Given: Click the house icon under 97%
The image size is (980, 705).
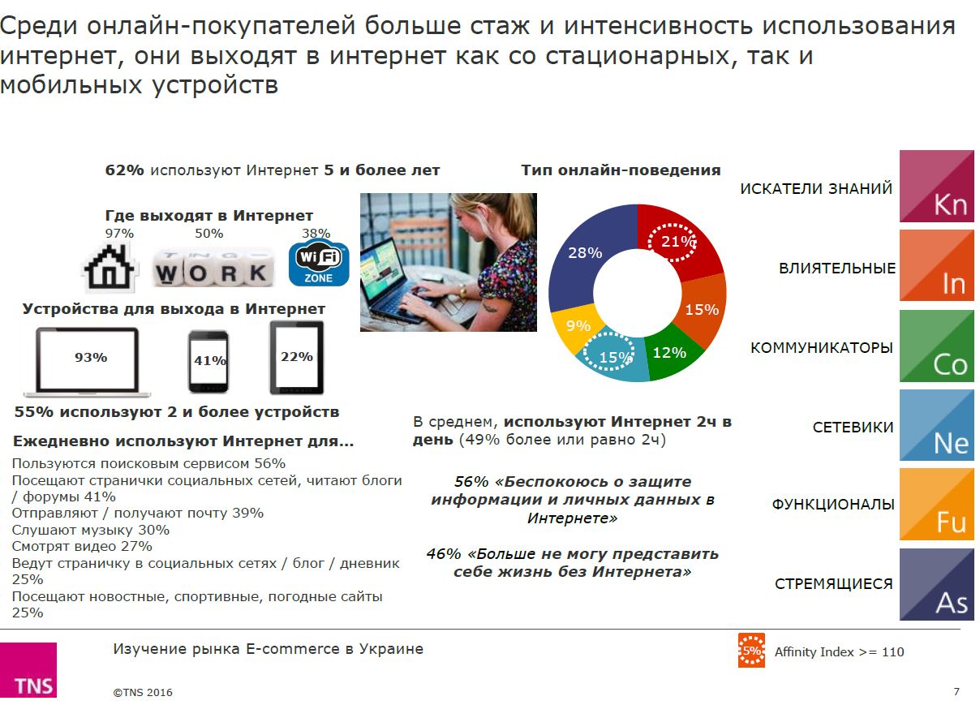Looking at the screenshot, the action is point(110,268).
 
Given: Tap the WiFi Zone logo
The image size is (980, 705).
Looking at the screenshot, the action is point(319,262).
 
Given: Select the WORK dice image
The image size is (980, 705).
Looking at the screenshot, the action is point(213,268).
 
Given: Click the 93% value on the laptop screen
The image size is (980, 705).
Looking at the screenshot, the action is point(91,358).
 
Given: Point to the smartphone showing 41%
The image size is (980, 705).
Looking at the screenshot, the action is point(208,362).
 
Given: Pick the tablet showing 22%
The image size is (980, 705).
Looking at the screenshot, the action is point(297,358).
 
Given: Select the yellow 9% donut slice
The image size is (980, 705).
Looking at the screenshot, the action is point(575,326).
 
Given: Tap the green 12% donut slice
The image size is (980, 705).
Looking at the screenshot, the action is point(670,353).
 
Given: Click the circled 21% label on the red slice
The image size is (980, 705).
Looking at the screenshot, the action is point(672,242).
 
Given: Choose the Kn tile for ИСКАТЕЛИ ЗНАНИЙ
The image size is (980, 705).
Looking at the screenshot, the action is point(937,186).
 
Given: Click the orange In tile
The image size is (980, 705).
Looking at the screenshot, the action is point(937,265).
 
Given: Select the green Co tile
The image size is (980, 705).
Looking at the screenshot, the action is point(937,346).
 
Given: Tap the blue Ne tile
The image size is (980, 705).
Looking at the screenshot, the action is point(937,425).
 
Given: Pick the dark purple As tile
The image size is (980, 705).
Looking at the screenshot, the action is point(937,584).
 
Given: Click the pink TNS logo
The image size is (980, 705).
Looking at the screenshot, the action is point(28,670).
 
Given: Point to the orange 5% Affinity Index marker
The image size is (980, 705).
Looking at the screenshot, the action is point(751,651).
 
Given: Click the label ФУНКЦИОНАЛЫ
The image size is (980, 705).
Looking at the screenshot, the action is point(833,505).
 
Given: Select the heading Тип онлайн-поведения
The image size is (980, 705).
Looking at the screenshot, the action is point(621,170).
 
